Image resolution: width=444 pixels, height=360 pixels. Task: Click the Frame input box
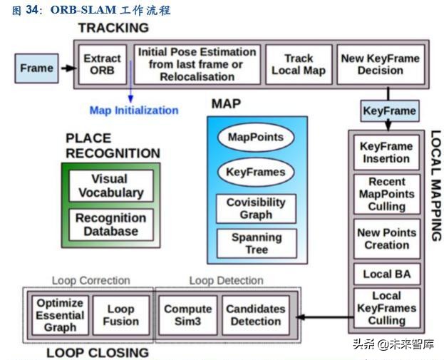(x=36, y=68)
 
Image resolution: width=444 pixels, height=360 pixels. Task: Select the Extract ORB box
(x=102, y=64)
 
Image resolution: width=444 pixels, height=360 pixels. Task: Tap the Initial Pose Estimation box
(x=196, y=64)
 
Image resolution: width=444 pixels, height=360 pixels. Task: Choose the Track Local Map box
(x=299, y=64)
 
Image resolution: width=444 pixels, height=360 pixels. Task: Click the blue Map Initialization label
(x=133, y=110)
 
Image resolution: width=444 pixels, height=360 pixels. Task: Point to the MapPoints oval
(x=255, y=138)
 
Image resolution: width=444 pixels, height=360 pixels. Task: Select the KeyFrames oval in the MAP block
(x=255, y=172)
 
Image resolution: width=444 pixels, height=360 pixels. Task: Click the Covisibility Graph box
(x=255, y=208)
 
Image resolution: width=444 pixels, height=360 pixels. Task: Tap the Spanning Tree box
(x=256, y=243)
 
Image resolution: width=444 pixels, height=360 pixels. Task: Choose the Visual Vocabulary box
(x=110, y=185)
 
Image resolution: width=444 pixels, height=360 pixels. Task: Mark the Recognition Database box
(x=110, y=224)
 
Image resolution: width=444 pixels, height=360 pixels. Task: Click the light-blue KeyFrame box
(x=389, y=110)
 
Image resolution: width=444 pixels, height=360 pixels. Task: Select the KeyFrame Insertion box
(x=386, y=153)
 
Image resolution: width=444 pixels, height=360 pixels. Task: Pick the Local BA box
(x=387, y=274)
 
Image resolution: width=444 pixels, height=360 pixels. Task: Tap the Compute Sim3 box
(x=187, y=315)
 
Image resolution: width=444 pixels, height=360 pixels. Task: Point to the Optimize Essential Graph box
(x=60, y=315)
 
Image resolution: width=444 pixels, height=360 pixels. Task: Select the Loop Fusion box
(x=120, y=315)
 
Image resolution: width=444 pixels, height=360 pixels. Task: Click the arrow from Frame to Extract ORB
(x=68, y=68)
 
